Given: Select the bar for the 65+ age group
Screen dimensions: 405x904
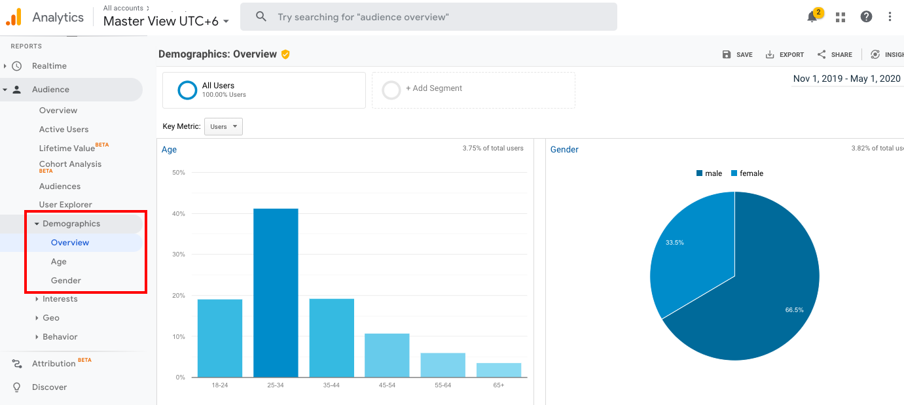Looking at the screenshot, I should pyautogui.click(x=499, y=370).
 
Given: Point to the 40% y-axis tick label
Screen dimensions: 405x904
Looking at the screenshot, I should pyautogui.click(x=178, y=214).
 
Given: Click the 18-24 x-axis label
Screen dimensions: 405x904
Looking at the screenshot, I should pyautogui.click(x=219, y=385).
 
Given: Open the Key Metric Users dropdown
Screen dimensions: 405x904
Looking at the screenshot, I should pyautogui.click(x=223, y=127).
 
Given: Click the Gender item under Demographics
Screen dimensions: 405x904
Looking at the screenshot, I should pyautogui.click(x=66, y=281).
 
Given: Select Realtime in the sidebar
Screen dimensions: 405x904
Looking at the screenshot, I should pyautogui.click(x=49, y=66).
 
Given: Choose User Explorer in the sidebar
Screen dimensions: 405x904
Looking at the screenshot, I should pyautogui.click(x=65, y=205).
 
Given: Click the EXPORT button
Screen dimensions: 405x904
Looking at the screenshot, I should pyautogui.click(x=785, y=55).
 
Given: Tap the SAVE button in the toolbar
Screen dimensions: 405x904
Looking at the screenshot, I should pyautogui.click(x=738, y=55).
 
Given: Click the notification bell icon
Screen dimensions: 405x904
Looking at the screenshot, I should pyautogui.click(x=812, y=17).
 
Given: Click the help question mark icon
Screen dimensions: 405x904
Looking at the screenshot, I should pyautogui.click(x=866, y=17).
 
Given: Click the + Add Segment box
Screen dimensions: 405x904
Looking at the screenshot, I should pyautogui.click(x=473, y=90).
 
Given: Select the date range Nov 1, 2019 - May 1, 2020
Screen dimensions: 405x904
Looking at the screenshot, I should pyautogui.click(x=846, y=79).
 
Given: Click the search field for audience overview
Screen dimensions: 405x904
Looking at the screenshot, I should pyautogui.click(x=429, y=17).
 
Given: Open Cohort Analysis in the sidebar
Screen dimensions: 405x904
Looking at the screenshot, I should pyautogui.click(x=70, y=164).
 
